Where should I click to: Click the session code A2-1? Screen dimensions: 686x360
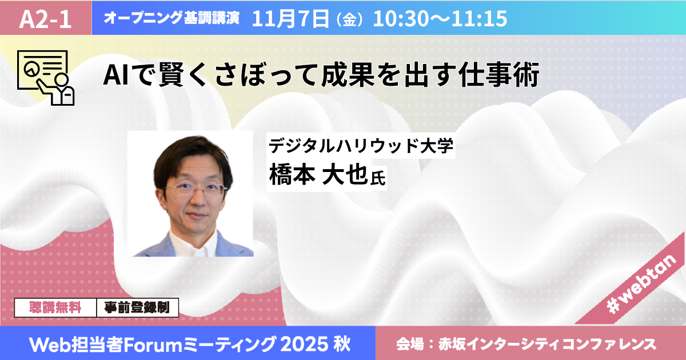45,19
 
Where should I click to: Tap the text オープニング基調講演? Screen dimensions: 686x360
171,18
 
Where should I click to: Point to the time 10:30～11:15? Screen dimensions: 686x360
440,18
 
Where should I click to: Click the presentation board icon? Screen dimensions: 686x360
46,78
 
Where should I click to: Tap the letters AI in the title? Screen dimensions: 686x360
115,75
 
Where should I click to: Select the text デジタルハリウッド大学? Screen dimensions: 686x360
361,145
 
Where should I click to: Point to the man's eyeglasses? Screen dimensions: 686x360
197,189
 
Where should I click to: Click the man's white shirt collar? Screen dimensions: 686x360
194,244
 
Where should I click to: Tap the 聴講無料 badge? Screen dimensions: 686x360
55,307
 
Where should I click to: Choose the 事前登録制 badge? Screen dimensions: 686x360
138,307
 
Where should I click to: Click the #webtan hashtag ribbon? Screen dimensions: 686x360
640,285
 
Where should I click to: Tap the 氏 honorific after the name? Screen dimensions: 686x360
378,178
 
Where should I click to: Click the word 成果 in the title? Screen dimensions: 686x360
348,75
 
